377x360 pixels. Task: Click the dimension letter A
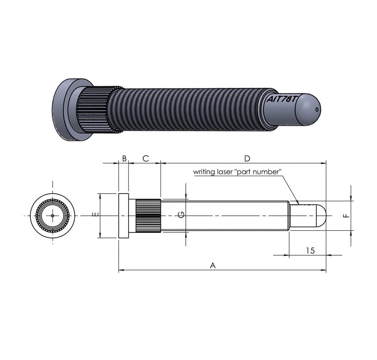[213, 265]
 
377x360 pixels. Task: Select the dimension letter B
[124, 159]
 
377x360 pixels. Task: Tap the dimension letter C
[145, 159]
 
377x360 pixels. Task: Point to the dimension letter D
[247, 159]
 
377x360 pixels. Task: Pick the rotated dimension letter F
[346, 215]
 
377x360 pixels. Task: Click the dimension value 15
[310, 251]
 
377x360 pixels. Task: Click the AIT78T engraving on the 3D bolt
[282, 100]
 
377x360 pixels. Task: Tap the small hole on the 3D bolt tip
[317, 109]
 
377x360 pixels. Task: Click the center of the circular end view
[52, 215]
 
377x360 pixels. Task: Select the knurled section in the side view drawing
[148, 216]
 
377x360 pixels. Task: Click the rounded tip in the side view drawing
[320, 216]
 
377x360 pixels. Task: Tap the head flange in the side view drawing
[124, 216]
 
